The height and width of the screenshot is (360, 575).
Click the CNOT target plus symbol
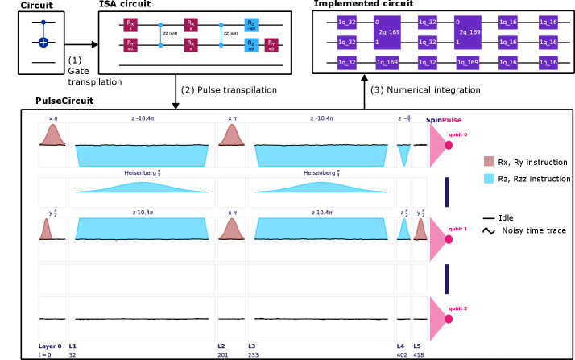(43, 42)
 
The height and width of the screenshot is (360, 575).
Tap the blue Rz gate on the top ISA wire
(251, 25)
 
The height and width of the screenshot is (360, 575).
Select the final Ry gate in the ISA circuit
(271, 45)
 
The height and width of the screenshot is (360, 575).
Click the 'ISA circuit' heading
(125, 5)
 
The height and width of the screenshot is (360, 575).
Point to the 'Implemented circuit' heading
(363, 5)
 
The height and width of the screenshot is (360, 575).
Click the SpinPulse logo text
(444, 120)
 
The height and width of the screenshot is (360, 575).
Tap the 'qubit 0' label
(457, 134)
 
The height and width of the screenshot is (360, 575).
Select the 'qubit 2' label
(457, 308)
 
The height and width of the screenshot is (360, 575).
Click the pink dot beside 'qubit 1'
(449, 239)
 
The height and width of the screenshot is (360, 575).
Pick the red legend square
(488, 161)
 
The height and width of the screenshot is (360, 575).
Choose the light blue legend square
(488, 178)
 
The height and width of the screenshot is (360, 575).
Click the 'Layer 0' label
(50, 346)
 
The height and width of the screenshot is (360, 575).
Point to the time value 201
(221, 355)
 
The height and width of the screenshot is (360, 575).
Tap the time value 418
(419, 355)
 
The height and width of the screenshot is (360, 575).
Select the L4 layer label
(400, 346)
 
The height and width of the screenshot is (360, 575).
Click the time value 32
(72, 355)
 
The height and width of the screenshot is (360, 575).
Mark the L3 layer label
(252, 346)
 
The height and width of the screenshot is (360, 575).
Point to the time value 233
(252, 355)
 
